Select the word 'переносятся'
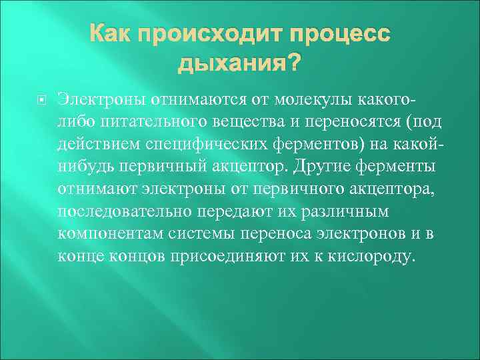[349, 123]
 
